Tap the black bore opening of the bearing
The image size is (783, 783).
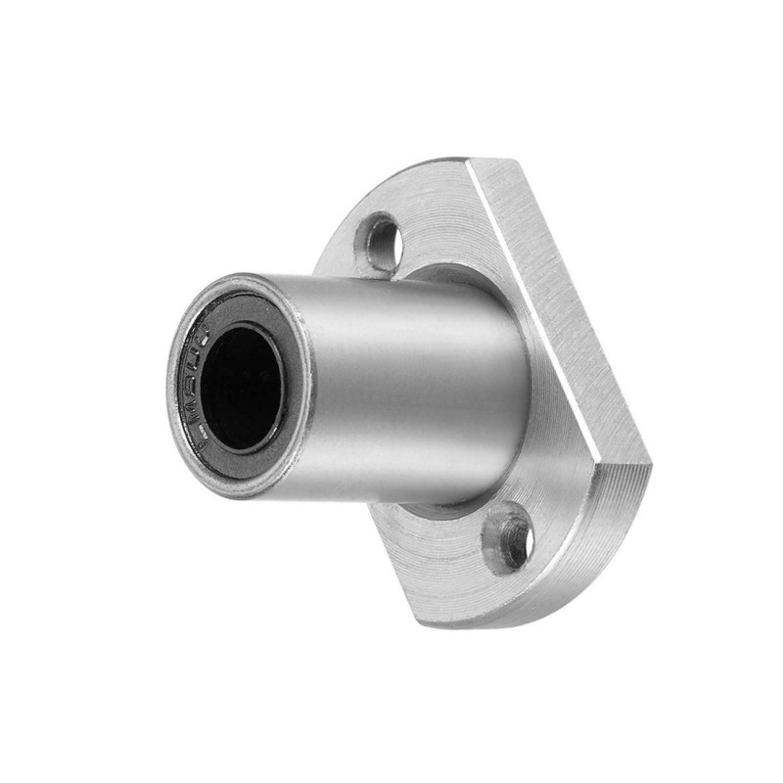coord(242,388)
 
